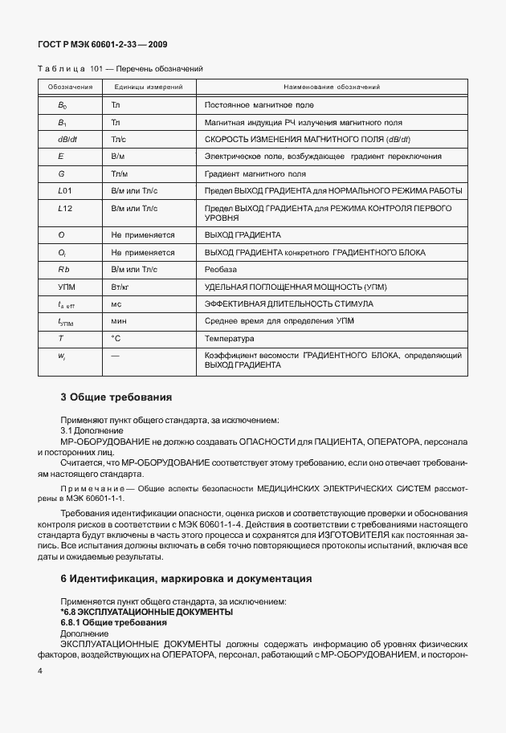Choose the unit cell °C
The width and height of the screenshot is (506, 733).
116,339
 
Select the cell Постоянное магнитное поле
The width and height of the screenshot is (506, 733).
259,105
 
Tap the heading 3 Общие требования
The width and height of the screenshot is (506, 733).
116,397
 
